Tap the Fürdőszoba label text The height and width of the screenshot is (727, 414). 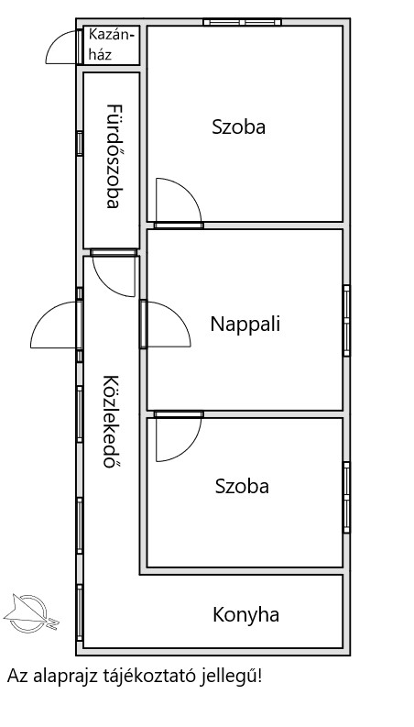point(113,156)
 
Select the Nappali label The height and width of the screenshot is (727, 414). point(245,324)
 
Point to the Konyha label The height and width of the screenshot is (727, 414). point(245,615)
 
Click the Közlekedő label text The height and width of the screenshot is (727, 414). point(109,422)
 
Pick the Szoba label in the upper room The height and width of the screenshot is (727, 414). point(238,127)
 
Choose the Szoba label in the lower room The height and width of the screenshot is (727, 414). point(242,487)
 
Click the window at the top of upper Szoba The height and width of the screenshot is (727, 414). point(242,22)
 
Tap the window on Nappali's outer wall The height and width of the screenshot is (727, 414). point(346,320)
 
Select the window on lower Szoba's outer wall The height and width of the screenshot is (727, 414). point(346,497)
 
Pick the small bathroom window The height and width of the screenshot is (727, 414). point(80,143)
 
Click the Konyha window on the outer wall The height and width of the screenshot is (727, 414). point(80,612)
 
